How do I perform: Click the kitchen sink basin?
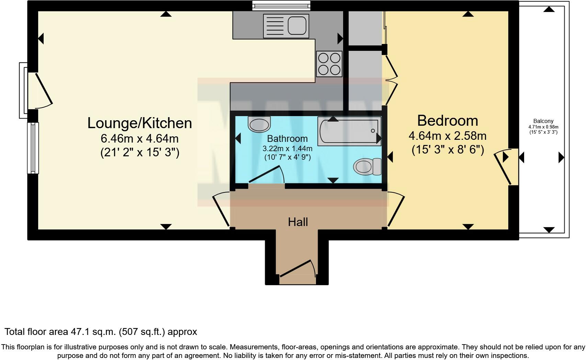point(297,26)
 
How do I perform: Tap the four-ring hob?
point(329,64)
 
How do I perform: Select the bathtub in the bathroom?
point(349,131)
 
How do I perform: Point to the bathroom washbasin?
point(259,125)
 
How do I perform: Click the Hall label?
point(298,222)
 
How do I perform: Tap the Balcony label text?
point(543,121)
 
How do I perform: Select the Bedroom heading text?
point(447,121)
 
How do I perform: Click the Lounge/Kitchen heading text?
point(139,123)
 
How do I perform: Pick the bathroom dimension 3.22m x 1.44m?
point(287,149)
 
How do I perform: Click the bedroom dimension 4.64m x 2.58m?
point(447,136)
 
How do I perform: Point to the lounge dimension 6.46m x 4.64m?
point(139,139)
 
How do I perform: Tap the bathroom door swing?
point(266,175)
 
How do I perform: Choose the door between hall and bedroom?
point(395,210)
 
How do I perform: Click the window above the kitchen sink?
point(281,5)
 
